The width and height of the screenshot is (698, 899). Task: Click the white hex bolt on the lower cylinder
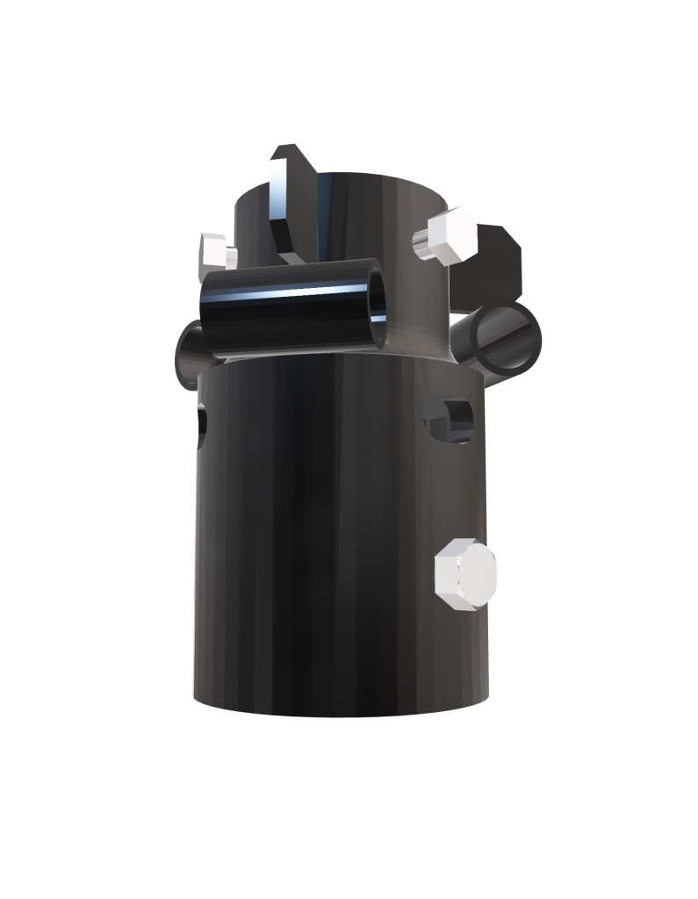click(x=466, y=575)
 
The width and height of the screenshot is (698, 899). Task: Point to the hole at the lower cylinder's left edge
click(x=202, y=423)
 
